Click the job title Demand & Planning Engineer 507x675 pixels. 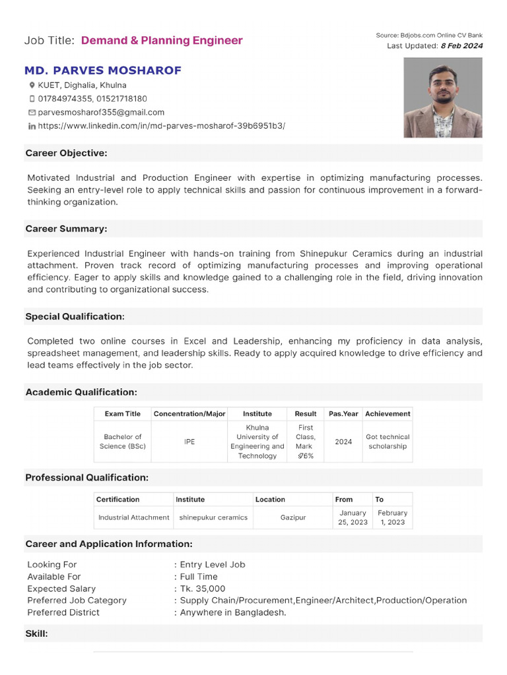point(162,41)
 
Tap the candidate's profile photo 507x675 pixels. point(443,98)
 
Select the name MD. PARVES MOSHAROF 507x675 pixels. point(103,71)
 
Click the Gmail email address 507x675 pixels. point(101,112)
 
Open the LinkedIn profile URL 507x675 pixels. point(161,125)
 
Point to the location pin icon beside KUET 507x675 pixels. point(32,86)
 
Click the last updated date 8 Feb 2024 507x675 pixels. point(461,45)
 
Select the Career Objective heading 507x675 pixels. point(66,153)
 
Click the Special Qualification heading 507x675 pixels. point(75,316)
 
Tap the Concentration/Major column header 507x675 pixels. point(189,414)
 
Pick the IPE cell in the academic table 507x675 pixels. point(189,442)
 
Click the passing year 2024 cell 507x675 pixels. point(343,442)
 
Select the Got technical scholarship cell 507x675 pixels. point(388,442)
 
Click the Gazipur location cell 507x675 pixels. point(293,517)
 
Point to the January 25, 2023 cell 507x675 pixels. point(353,517)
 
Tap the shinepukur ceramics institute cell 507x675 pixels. point(213,517)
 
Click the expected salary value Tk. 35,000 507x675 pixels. point(203,589)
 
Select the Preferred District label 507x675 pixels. point(63,612)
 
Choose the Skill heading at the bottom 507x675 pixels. point(36,633)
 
